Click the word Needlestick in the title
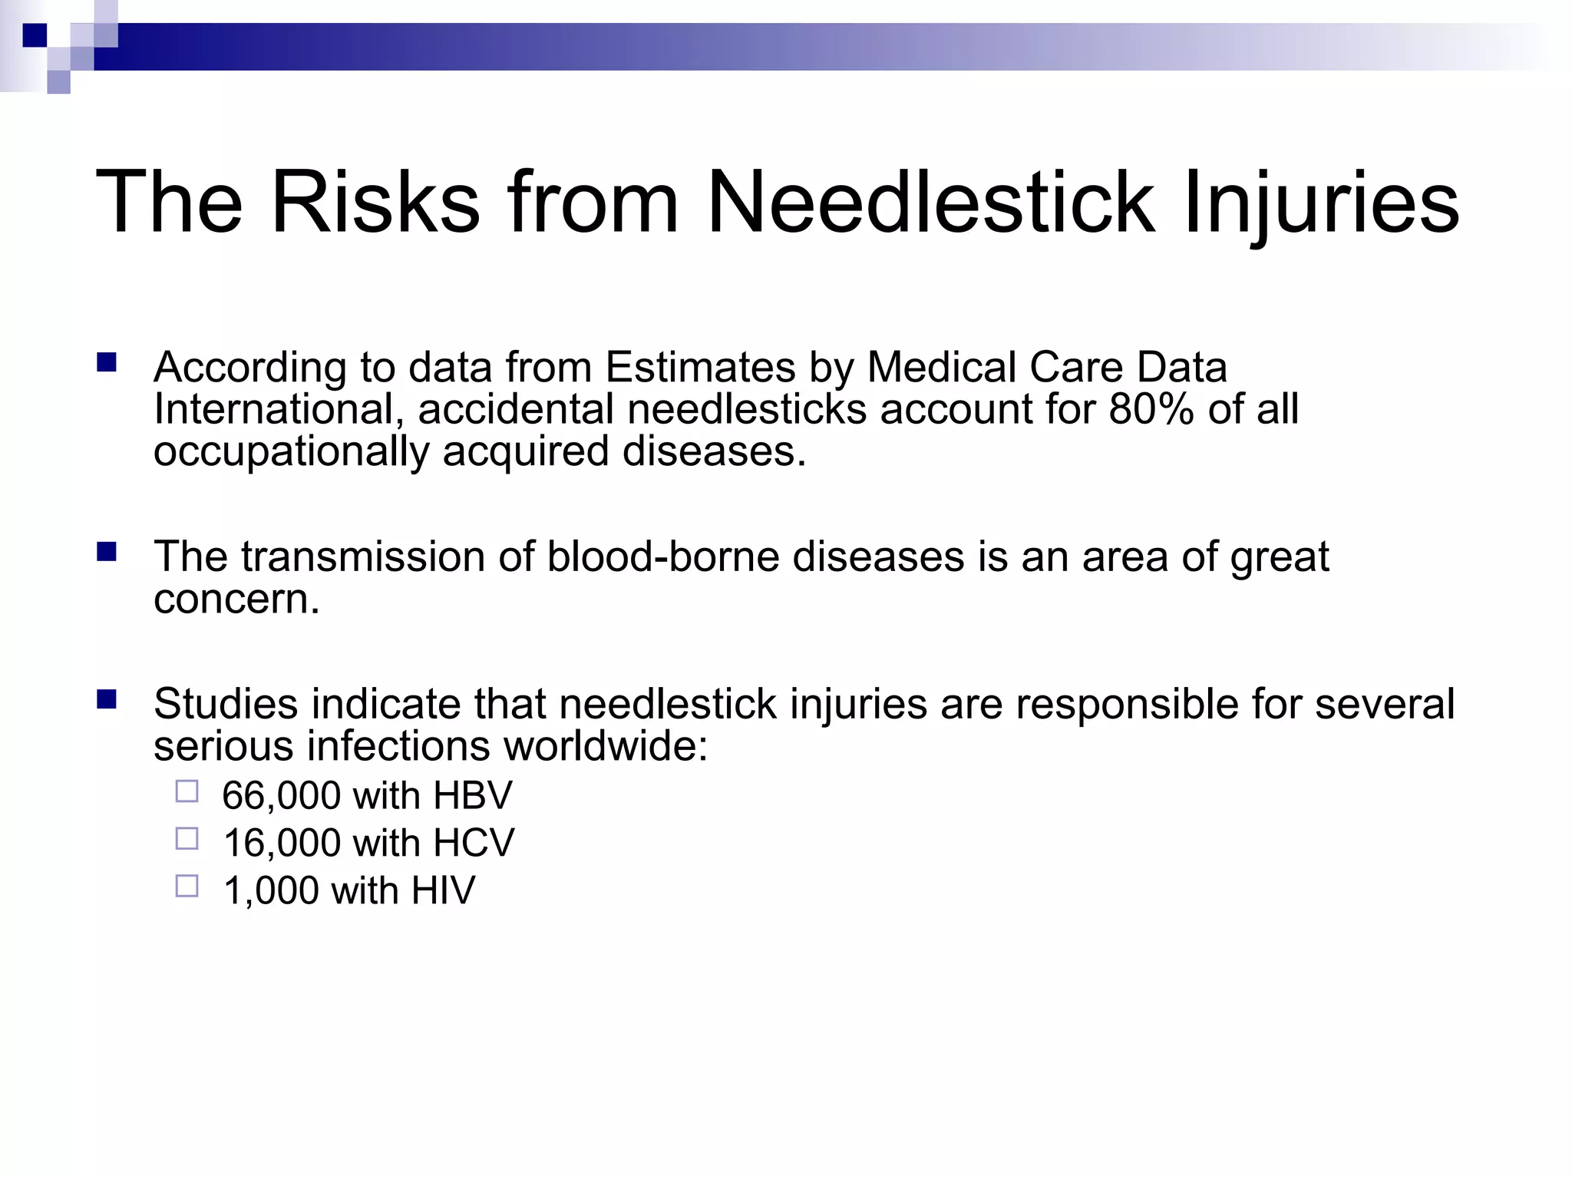(x=930, y=202)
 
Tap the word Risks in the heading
(x=375, y=202)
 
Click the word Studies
(x=226, y=704)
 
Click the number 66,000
(x=281, y=796)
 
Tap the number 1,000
(x=270, y=891)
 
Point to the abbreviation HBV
(x=472, y=796)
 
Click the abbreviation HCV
(x=474, y=844)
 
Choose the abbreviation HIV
(x=443, y=891)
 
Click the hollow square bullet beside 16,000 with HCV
(x=187, y=838)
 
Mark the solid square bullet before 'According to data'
(x=107, y=362)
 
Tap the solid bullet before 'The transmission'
(x=107, y=551)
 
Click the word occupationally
(x=291, y=451)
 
